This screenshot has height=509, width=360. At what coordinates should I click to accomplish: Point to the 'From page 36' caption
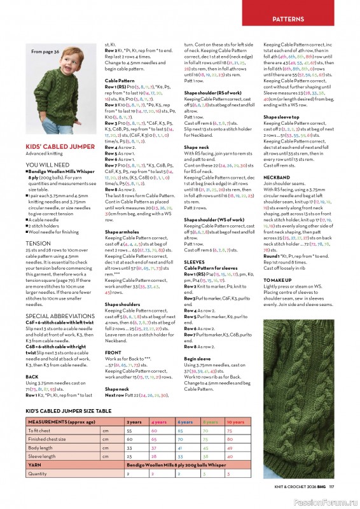click(45, 52)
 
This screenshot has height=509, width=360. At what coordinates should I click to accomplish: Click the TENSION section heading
click(38, 243)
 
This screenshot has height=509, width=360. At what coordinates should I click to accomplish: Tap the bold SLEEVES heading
click(194, 261)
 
